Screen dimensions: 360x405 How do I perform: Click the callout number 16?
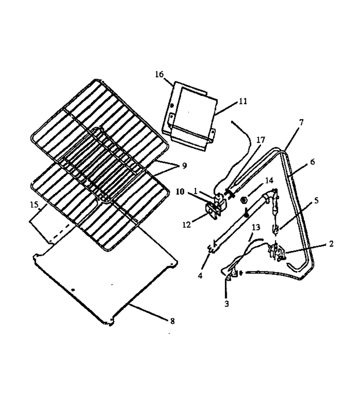tap(159, 75)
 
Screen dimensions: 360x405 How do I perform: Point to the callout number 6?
tap(312, 162)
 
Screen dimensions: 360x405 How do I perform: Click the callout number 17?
tap(261, 140)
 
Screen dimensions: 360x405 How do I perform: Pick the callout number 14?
tap(269, 180)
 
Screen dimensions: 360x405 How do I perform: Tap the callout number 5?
tap(316, 200)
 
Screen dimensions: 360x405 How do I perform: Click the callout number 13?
tap(256, 227)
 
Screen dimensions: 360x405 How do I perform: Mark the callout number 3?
tap(227, 304)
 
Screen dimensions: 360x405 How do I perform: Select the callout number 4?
tap(200, 276)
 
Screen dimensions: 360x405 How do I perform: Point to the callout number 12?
tap(187, 225)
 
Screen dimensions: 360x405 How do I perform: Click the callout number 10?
tap(180, 192)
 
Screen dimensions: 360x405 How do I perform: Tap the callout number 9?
tap(184, 166)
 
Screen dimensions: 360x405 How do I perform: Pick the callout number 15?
tap(34, 205)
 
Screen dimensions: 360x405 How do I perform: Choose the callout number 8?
tap(172, 321)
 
